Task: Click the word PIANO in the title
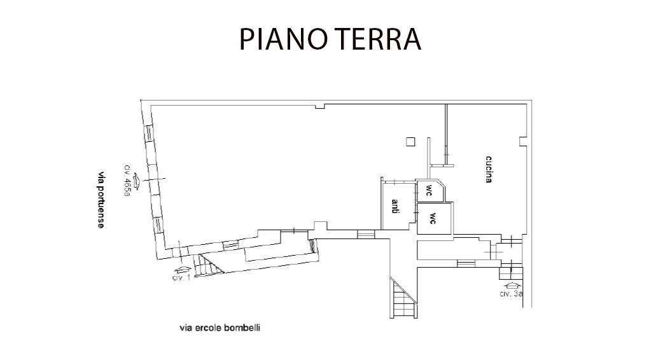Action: coord(282,39)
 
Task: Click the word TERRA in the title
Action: coord(375,39)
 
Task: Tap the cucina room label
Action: coord(489,169)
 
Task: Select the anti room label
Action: coord(395,206)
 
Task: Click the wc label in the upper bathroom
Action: coord(429,188)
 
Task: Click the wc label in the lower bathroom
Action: coord(433,218)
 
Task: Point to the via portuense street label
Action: coord(101,200)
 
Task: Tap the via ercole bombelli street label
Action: coord(220,328)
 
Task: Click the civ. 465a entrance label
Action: coord(127,181)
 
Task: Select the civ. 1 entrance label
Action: coord(181,277)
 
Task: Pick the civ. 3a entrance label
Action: coord(511,293)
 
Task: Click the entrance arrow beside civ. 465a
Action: coord(137,181)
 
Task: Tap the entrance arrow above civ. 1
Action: coord(182,270)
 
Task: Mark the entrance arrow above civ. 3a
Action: coord(510,285)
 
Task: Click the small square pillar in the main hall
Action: coord(410,142)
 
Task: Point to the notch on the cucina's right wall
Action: coord(523,141)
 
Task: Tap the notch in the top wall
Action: coord(320,106)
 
